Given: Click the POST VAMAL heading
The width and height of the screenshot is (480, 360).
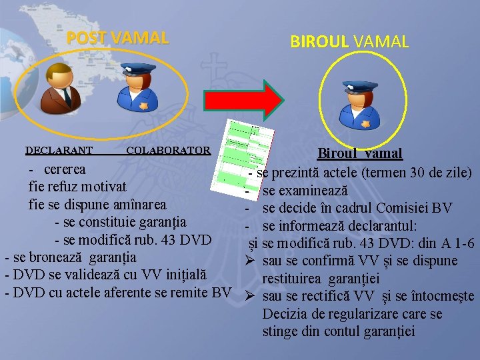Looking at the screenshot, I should (117, 38).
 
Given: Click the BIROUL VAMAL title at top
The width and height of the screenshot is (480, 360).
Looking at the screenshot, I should (349, 41).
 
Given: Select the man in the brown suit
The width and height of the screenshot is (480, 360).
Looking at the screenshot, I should (57, 89).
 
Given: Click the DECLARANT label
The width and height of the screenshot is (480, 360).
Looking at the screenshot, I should (59, 150).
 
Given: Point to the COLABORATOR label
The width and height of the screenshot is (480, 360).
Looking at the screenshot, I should (168, 150).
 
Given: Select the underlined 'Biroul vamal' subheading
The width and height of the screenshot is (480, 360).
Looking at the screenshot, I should (359, 153).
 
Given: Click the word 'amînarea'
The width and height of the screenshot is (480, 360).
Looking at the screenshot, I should (138, 203).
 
